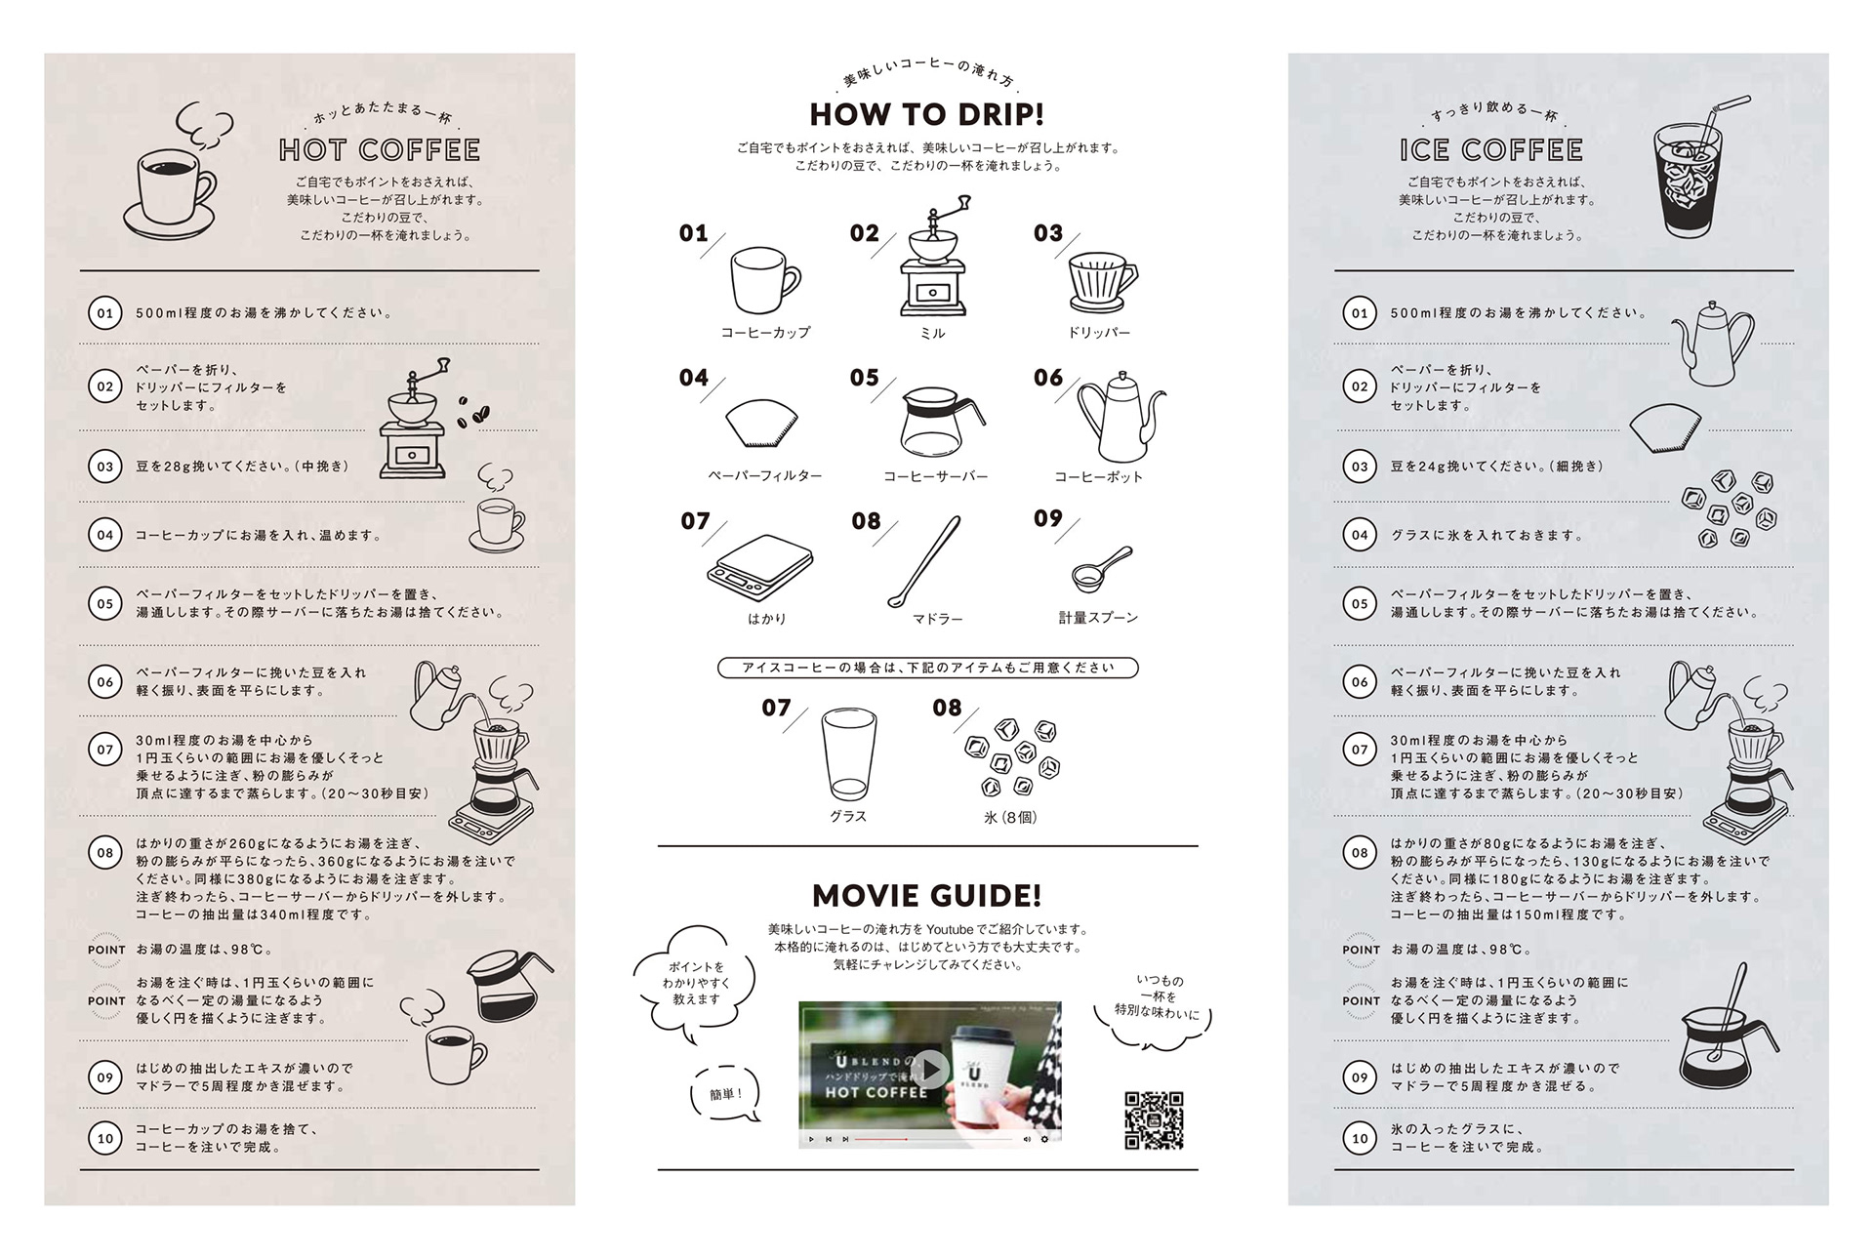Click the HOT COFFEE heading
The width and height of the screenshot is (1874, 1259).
click(380, 150)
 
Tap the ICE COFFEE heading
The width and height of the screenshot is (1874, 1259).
click(1491, 150)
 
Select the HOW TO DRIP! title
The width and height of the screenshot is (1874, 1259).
click(927, 114)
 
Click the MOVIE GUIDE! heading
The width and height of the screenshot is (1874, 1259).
click(927, 895)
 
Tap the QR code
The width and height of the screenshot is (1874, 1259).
click(1154, 1120)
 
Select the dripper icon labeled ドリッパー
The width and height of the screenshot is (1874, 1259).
click(1103, 282)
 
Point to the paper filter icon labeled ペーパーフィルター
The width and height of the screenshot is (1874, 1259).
click(761, 423)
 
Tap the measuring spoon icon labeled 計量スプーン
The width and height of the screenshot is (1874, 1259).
click(1101, 569)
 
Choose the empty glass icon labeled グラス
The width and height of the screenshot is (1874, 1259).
click(848, 755)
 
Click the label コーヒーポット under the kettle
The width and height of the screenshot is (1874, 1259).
click(1098, 477)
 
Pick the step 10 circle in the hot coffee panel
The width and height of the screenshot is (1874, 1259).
click(105, 1138)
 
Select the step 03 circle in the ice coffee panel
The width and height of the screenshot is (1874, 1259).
click(1360, 467)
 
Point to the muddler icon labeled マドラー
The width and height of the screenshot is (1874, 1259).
click(924, 562)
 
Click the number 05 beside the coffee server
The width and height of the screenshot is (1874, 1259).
click(864, 378)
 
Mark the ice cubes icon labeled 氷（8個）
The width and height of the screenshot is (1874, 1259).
click(1011, 757)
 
